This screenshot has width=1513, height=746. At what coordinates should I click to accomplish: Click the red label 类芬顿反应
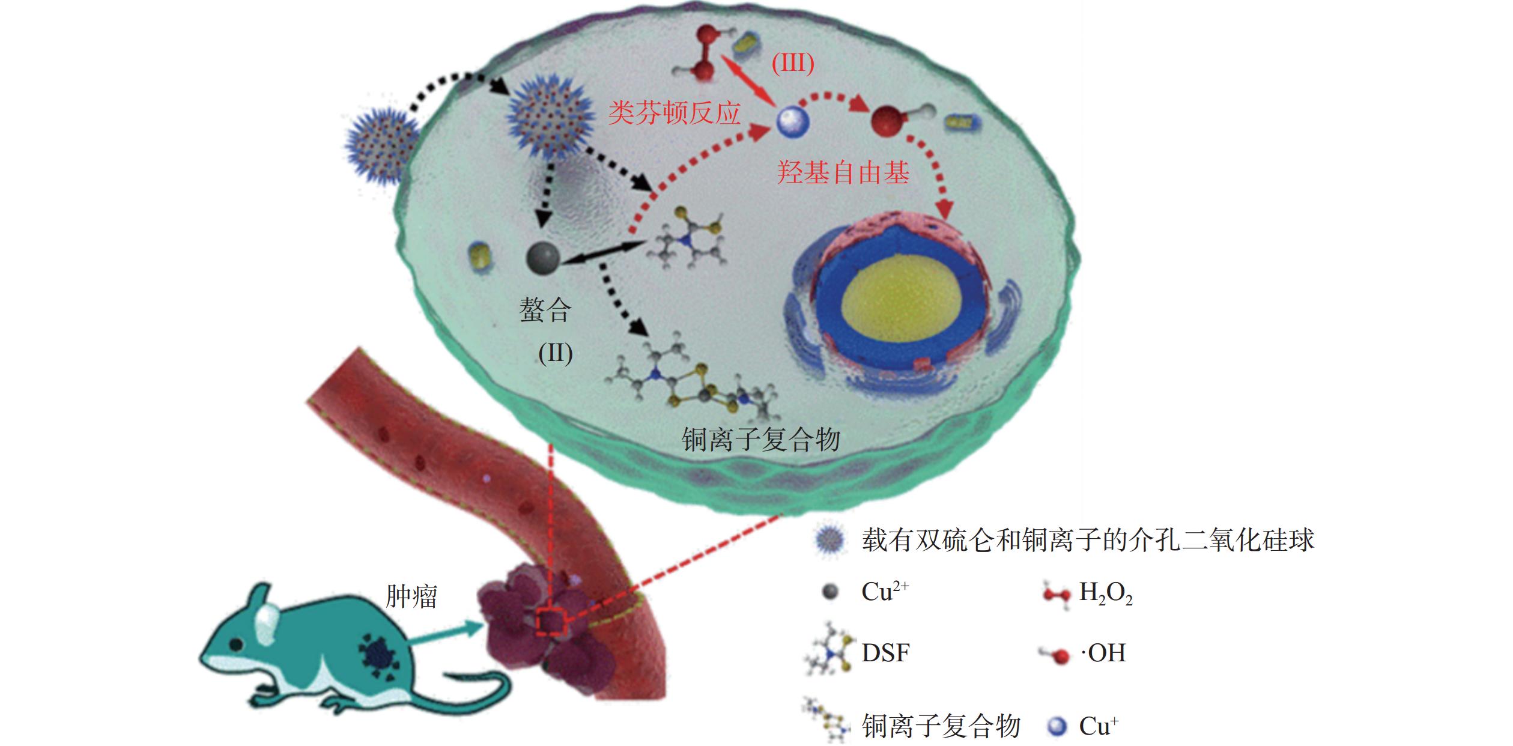point(674,113)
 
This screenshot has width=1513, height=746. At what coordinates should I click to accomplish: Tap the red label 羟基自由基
point(844,173)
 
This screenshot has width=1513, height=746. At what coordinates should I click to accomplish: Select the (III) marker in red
point(792,63)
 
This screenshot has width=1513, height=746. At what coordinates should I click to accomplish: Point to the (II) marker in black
point(555,353)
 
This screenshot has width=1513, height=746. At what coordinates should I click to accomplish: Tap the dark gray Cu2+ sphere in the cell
point(543,258)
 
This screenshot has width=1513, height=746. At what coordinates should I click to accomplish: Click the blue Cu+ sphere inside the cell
point(793,123)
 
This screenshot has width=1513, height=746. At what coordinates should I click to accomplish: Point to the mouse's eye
point(236,644)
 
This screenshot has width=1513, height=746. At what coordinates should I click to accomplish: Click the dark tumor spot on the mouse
point(378,656)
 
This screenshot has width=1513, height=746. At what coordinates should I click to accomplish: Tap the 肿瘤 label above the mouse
point(411,596)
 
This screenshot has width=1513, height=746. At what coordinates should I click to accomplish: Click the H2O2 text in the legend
point(1106,593)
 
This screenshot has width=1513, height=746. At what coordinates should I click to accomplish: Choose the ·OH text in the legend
point(1103,653)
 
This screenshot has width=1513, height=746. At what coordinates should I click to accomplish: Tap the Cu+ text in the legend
point(1099,726)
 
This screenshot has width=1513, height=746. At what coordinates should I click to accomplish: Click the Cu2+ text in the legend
point(885,592)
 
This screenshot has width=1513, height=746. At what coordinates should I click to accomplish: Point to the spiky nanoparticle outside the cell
point(383,147)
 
